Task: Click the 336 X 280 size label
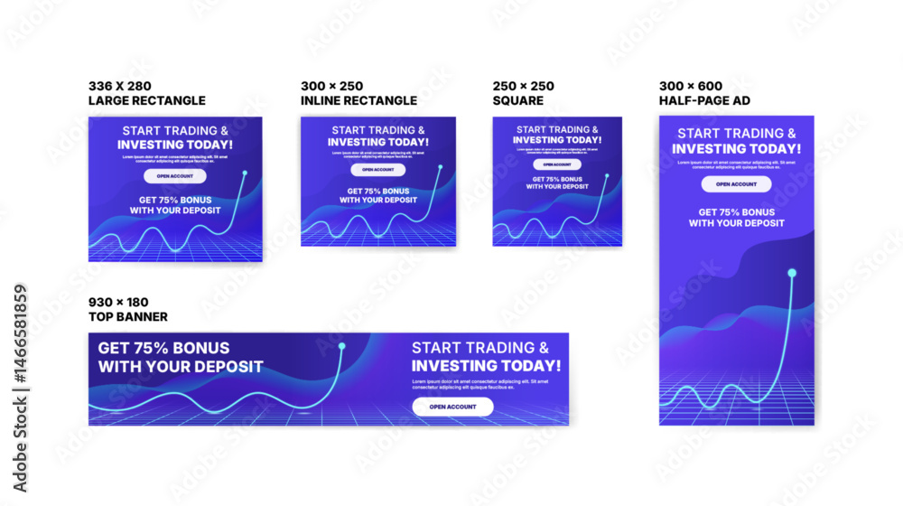[119, 86]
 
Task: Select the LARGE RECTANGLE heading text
[146, 100]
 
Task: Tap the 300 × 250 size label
[332, 86]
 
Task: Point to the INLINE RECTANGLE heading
[358, 100]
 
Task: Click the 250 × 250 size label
[524, 86]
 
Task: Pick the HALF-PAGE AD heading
[704, 100]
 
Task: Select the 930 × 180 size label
[118, 302]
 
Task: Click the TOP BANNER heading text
[127, 317]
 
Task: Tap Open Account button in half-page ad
[736, 184]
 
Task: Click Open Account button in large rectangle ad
[174, 176]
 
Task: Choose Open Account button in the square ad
[556, 164]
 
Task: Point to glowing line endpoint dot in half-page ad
[792, 273]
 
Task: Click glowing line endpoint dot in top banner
[341, 346]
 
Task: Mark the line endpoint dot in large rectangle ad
[243, 173]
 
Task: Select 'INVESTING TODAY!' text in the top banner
[486, 366]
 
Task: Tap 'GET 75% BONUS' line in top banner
[163, 348]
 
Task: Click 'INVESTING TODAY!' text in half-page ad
[736, 149]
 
